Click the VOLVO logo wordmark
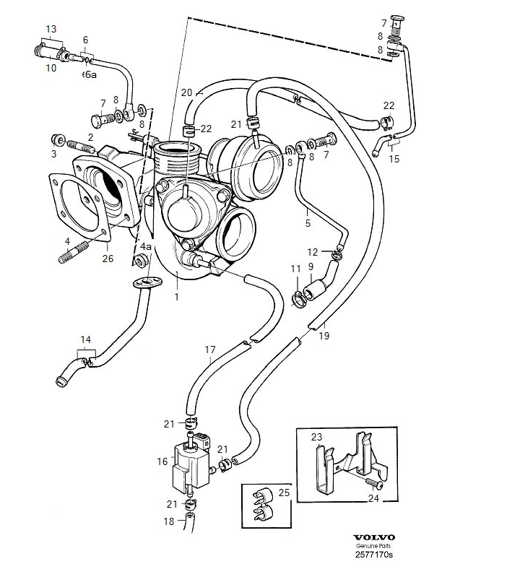tap(374, 538)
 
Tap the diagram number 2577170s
tap(374, 555)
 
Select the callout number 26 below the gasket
tap(108, 259)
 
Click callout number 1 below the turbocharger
tap(177, 297)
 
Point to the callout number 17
tap(210, 350)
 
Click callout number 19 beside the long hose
tap(324, 336)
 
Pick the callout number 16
tap(162, 461)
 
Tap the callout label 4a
tap(146, 246)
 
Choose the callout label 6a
tap(90, 74)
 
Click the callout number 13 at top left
tap(51, 29)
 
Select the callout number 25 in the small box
tap(284, 493)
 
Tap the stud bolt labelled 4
tap(74, 252)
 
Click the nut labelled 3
tap(57, 139)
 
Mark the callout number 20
tap(187, 92)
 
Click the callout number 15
tap(394, 159)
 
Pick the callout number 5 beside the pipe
tap(308, 223)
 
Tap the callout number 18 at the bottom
tap(169, 521)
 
